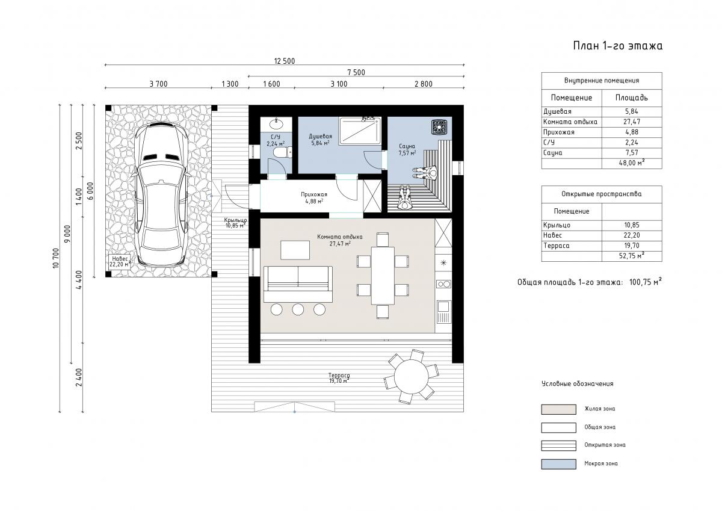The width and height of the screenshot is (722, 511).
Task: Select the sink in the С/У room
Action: pos(276,123)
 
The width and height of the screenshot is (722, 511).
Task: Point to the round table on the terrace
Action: pos(412,377)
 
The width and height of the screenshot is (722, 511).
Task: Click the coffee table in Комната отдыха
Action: pos(295,250)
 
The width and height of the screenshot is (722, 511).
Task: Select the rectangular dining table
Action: pos(383,276)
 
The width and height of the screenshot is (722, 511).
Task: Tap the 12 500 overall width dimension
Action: pos(284,61)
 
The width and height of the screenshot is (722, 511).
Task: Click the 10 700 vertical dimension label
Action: pos(56,258)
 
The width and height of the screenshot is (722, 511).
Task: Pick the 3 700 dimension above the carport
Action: pos(159,84)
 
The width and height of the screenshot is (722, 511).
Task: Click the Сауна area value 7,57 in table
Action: pos(631,153)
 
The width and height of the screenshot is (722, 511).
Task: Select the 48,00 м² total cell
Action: pos(632,163)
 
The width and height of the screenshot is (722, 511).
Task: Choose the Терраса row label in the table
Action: pos(557,246)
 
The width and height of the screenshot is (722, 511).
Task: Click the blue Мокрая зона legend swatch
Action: pos(558,464)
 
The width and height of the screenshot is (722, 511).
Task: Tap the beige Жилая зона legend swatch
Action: pos(558,409)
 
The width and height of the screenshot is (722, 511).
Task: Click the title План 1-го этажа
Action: pos(617,46)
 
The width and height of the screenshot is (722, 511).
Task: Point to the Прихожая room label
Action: pos(314,194)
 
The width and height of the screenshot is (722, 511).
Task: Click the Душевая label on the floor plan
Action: pos(320,137)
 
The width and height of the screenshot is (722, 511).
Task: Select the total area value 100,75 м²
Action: pos(645,282)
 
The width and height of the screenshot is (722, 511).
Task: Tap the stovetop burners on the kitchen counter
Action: pos(443,284)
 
